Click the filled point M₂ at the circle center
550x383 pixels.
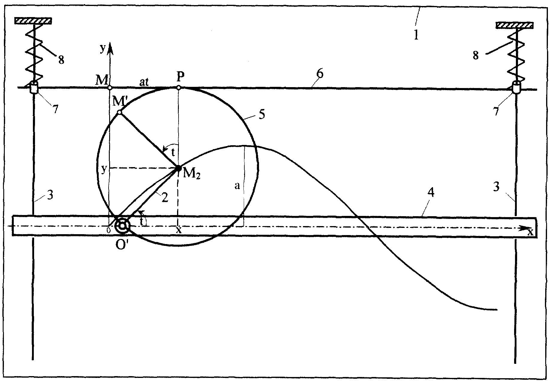point(178,168)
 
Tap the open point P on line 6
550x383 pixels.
point(179,88)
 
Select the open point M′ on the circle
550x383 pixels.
point(119,112)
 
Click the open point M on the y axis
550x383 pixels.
point(110,88)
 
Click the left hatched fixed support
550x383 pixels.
point(33,21)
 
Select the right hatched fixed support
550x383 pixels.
point(514,25)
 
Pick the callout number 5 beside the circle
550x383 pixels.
point(262,115)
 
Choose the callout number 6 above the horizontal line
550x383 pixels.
point(320,74)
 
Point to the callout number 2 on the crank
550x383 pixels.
point(164,197)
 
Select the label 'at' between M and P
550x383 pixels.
point(144,82)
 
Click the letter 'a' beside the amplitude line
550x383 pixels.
point(237,186)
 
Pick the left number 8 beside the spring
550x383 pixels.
point(61,60)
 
